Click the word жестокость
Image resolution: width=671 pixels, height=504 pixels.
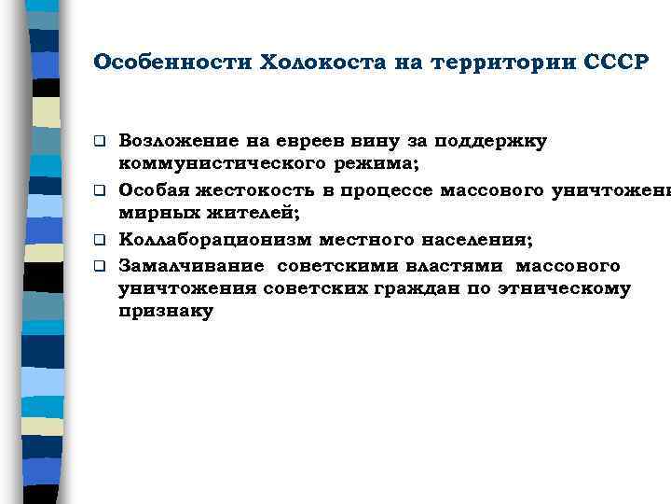point(250,189)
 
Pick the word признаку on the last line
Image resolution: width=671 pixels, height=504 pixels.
point(166,313)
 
